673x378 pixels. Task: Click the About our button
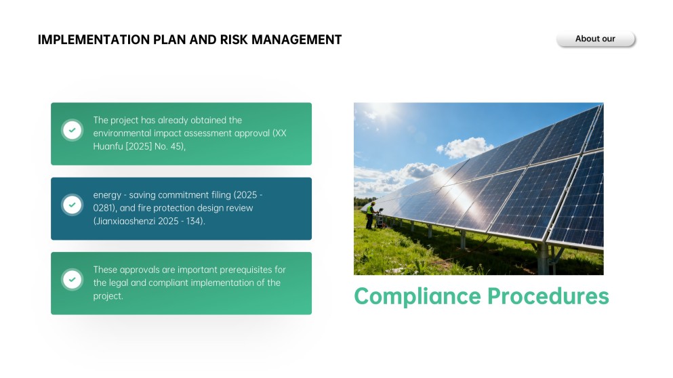click(595, 39)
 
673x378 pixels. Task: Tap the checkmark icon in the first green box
click(72, 130)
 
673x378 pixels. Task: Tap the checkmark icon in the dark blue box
click(72, 205)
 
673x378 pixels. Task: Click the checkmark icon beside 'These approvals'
click(72, 279)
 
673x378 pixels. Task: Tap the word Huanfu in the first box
click(107, 146)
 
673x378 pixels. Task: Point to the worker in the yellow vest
click(370, 215)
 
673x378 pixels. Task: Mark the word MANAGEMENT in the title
click(296, 40)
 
